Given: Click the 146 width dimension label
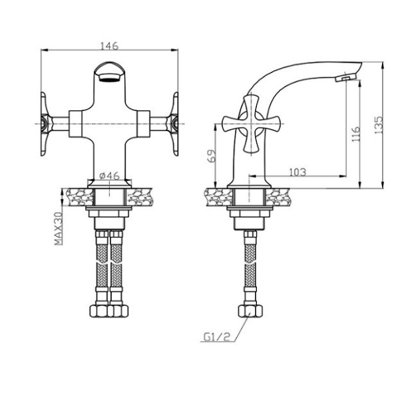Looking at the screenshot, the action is coord(109,46).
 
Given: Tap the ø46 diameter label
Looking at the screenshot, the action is coord(109,176).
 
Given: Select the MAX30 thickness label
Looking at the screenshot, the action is coord(59,229).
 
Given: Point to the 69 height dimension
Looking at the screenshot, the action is coord(212,156).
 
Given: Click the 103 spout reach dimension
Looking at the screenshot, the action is coord(298,172).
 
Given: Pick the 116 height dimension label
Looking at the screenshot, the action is coord(355,134).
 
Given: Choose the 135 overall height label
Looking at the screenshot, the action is coord(379,125).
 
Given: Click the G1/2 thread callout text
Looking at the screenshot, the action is coord(217,337).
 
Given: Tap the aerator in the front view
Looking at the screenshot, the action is coord(109,77).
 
